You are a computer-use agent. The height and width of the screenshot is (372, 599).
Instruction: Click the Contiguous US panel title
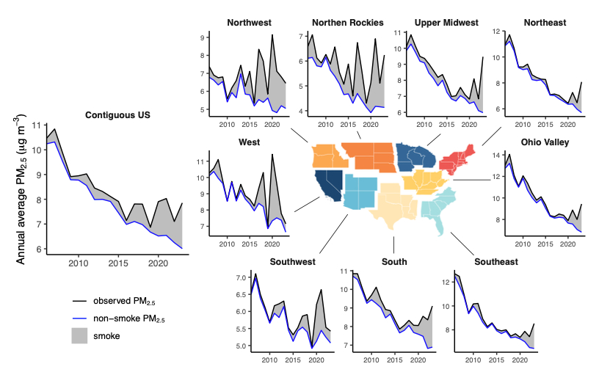point(118,115)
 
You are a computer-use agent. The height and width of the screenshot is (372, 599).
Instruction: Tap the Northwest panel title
point(248,23)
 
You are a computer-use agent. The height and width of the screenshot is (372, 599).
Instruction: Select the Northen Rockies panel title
point(347,23)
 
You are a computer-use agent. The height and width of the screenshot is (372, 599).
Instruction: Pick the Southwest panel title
point(292,261)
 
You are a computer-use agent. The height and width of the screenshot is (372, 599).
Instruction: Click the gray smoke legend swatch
point(81,335)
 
